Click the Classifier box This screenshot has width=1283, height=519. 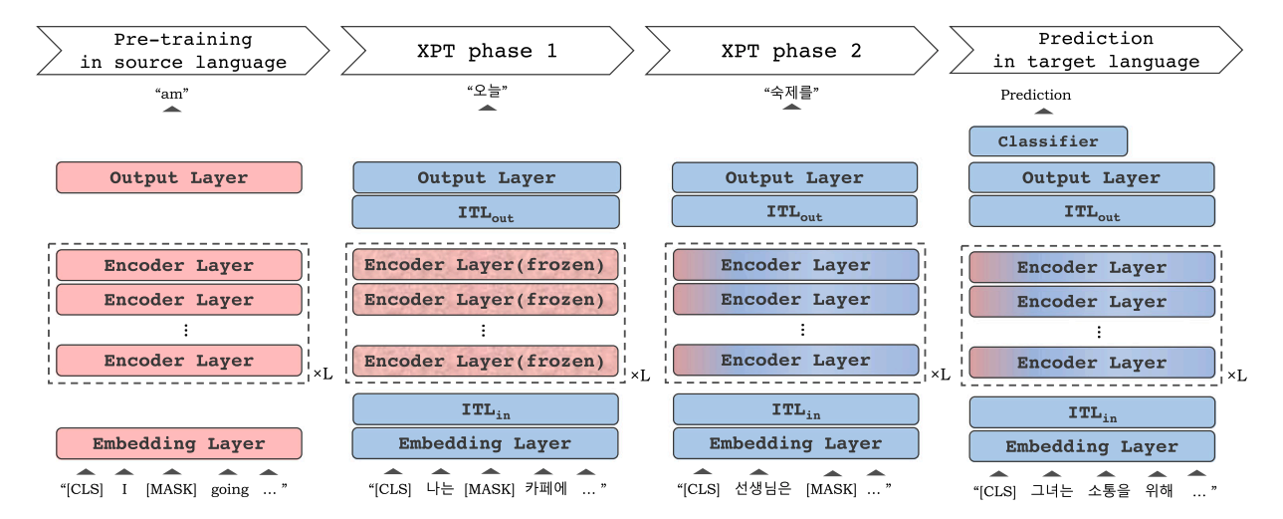pyautogui.click(x=1047, y=141)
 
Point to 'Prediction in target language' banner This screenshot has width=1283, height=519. pyautogui.click(x=1096, y=51)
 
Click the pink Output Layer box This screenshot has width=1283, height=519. pyautogui.click(x=178, y=178)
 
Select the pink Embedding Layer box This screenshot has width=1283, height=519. pyautogui.click(x=178, y=444)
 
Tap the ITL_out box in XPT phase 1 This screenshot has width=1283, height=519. pyautogui.click(x=486, y=212)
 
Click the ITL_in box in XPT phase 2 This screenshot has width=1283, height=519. pyautogui.click(x=794, y=409)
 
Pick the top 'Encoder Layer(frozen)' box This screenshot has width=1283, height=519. pyautogui.click(x=485, y=266)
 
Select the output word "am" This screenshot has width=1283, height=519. pyautogui.click(x=172, y=93)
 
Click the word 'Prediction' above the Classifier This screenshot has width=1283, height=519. pyautogui.click(x=1035, y=95)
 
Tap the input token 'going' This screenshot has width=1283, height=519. pyautogui.click(x=230, y=489)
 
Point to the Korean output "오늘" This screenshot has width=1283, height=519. pyautogui.click(x=487, y=92)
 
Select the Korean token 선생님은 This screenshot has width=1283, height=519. pyautogui.click(x=762, y=489)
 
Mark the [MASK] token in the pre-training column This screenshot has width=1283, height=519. pyautogui.click(x=171, y=489)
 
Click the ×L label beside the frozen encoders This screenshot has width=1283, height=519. pyautogui.click(x=640, y=376)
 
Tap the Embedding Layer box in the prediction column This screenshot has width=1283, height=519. pyautogui.click(x=1091, y=446)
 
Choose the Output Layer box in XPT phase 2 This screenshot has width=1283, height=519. pyautogui.click(x=794, y=178)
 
